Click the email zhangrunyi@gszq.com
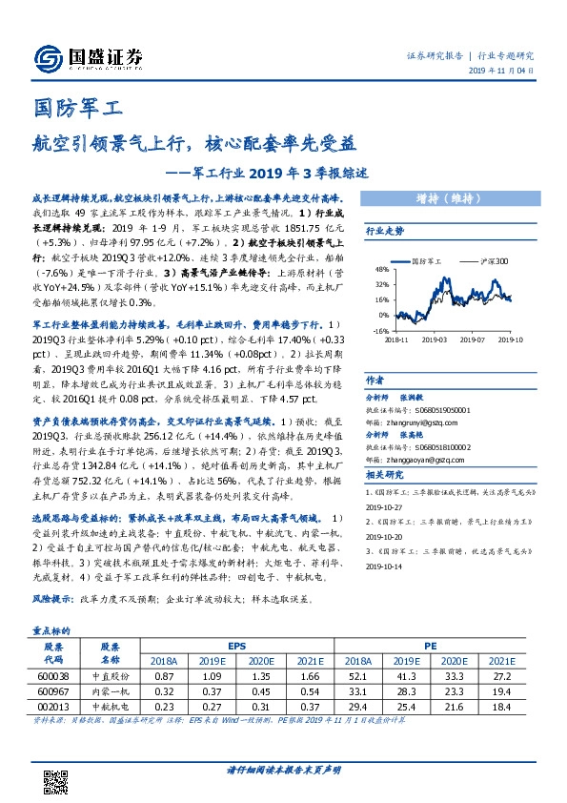414,391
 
